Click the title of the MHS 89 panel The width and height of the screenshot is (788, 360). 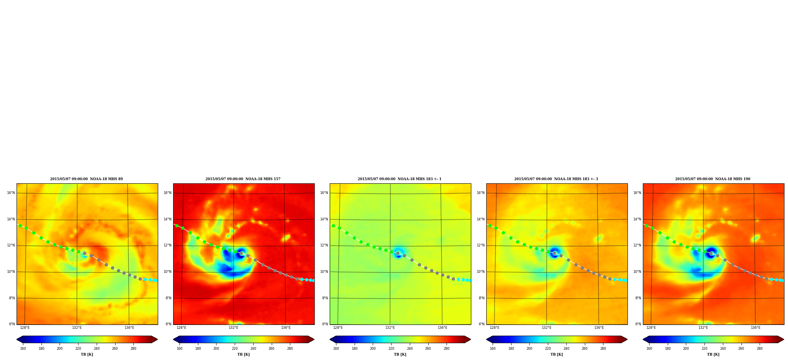(x=86, y=179)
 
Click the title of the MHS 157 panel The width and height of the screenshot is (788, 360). (x=243, y=179)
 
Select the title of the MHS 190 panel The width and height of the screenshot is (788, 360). (x=713, y=179)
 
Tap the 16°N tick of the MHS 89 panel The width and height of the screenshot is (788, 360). (x=11, y=193)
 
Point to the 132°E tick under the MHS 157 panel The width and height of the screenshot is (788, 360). (x=233, y=328)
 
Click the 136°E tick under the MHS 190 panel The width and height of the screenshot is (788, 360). (x=756, y=328)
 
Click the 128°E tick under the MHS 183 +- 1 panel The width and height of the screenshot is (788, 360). (x=338, y=328)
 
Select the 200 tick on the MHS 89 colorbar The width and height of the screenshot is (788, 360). (x=60, y=349)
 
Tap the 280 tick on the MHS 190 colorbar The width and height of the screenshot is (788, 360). (x=760, y=349)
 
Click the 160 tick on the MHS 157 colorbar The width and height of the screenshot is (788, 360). (x=179, y=349)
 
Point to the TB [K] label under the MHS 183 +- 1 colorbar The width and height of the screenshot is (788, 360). (x=400, y=354)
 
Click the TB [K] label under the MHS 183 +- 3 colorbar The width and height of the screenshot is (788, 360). (x=556, y=354)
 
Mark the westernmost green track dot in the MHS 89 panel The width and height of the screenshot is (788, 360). (x=20, y=226)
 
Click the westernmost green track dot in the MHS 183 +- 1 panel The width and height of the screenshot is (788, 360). (x=333, y=226)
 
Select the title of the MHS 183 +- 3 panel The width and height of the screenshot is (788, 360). (x=556, y=179)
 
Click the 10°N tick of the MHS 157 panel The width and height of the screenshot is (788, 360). (x=168, y=272)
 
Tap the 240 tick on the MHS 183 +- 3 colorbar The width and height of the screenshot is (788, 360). (x=566, y=349)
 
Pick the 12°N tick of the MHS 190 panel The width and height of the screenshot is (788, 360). (x=637, y=245)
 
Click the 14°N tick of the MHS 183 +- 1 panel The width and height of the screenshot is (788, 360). (x=324, y=219)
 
